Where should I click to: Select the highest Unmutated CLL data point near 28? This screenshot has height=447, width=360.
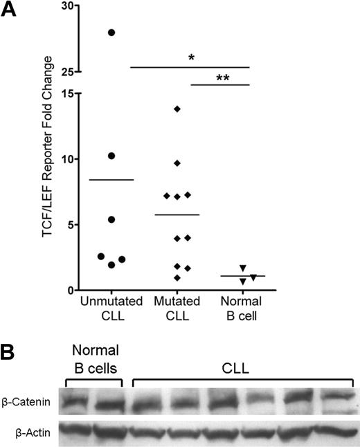tap(111, 33)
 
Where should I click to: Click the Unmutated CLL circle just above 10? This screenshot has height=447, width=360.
tap(111, 156)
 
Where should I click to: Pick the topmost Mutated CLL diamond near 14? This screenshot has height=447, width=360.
tap(177, 109)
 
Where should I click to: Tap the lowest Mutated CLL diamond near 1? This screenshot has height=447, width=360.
tap(177, 277)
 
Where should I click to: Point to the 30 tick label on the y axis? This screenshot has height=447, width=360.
tap(66, 7)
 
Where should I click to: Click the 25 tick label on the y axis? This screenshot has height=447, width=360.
tap(66, 71)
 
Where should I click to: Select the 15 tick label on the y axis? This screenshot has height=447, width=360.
tap(66, 93)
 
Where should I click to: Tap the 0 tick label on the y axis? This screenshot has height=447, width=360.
tap(70, 291)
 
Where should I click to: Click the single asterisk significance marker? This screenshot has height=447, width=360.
tap(190, 58)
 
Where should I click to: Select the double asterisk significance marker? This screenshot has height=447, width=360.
tap(223, 78)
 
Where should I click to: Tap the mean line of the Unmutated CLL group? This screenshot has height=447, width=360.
tap(111, 180)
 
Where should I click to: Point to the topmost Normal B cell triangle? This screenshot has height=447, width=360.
tap(242, 268)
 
